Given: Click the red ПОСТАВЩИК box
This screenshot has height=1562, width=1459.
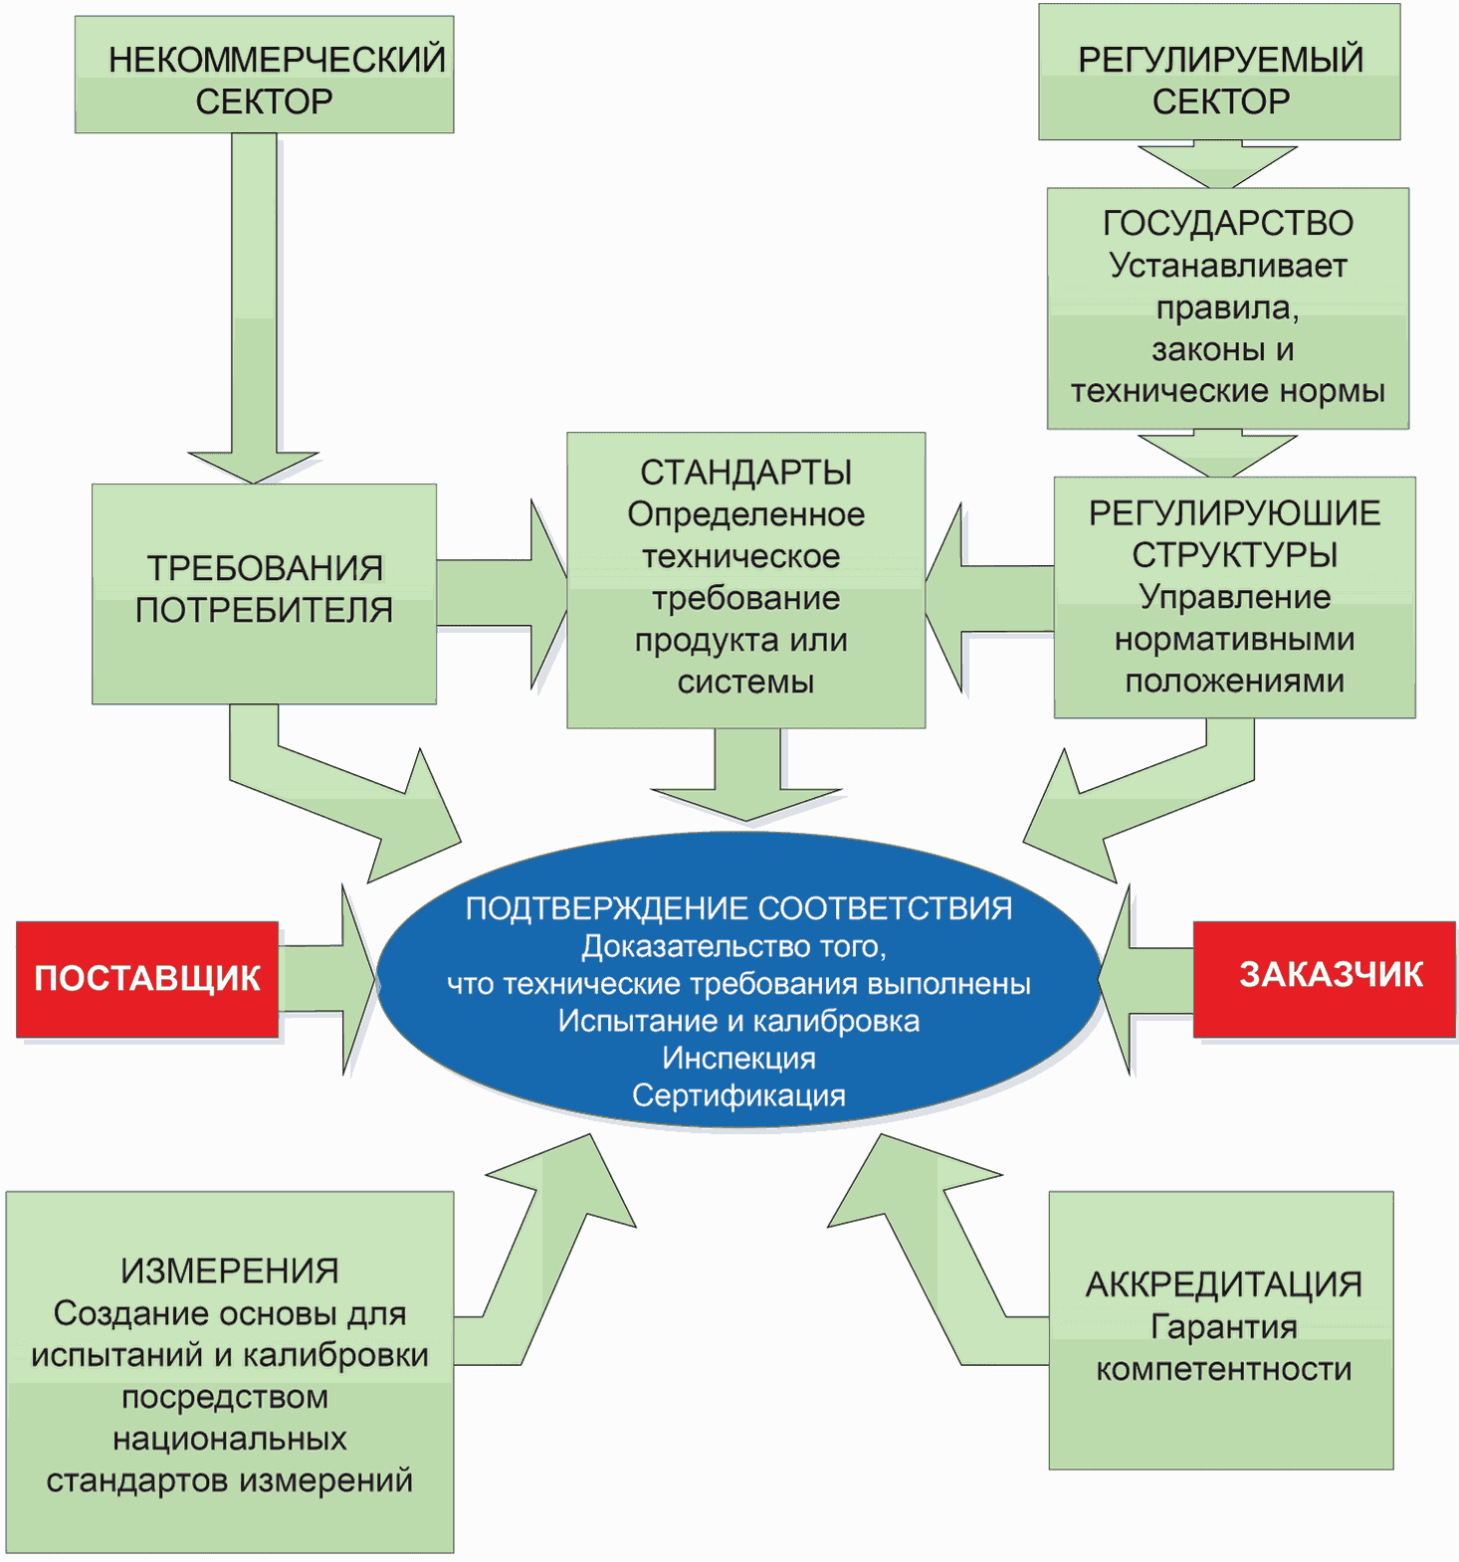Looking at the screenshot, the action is [x=147, y=979].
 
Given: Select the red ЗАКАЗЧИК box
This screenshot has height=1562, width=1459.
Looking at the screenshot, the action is [x=1324, y=979].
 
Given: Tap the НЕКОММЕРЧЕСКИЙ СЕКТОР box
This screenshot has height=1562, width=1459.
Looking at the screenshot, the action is [x=265, y=75].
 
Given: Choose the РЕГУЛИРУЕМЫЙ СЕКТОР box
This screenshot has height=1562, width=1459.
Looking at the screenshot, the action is [x=1219, y=72].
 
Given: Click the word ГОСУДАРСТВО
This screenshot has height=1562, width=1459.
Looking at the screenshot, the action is [x=1228, y=223].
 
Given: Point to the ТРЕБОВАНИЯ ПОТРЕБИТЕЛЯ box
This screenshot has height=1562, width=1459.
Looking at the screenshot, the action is [x=264, y=594].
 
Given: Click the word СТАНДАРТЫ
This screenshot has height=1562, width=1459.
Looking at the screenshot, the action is [x=745, y=473].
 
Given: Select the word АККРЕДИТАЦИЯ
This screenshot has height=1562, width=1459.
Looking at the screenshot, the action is [x=1223, y=1284].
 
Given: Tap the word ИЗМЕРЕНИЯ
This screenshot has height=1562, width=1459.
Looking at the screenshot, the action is [x=230, y=1270].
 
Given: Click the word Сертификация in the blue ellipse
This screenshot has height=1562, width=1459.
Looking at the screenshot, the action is [x=738, y=1095].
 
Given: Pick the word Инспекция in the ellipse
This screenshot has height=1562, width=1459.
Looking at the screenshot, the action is [x=738, y=1058].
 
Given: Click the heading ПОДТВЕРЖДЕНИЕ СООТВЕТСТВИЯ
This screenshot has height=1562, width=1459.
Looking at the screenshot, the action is [x=738, y=908].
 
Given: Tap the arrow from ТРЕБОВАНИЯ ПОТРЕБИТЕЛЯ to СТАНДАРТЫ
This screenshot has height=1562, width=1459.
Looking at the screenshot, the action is [x=502, y=594].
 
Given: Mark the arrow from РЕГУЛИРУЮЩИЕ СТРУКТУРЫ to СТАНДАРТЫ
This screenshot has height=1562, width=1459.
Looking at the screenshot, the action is [x=989, y=597].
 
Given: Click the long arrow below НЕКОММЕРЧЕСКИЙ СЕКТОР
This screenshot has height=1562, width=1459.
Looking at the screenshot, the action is [x=254, y=308].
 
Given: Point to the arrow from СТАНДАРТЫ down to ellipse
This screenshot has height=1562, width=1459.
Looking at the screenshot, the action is [x=747, y=774].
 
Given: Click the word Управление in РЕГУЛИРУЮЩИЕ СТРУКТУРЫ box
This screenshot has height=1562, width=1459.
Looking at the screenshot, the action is [x=1234, y=597].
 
